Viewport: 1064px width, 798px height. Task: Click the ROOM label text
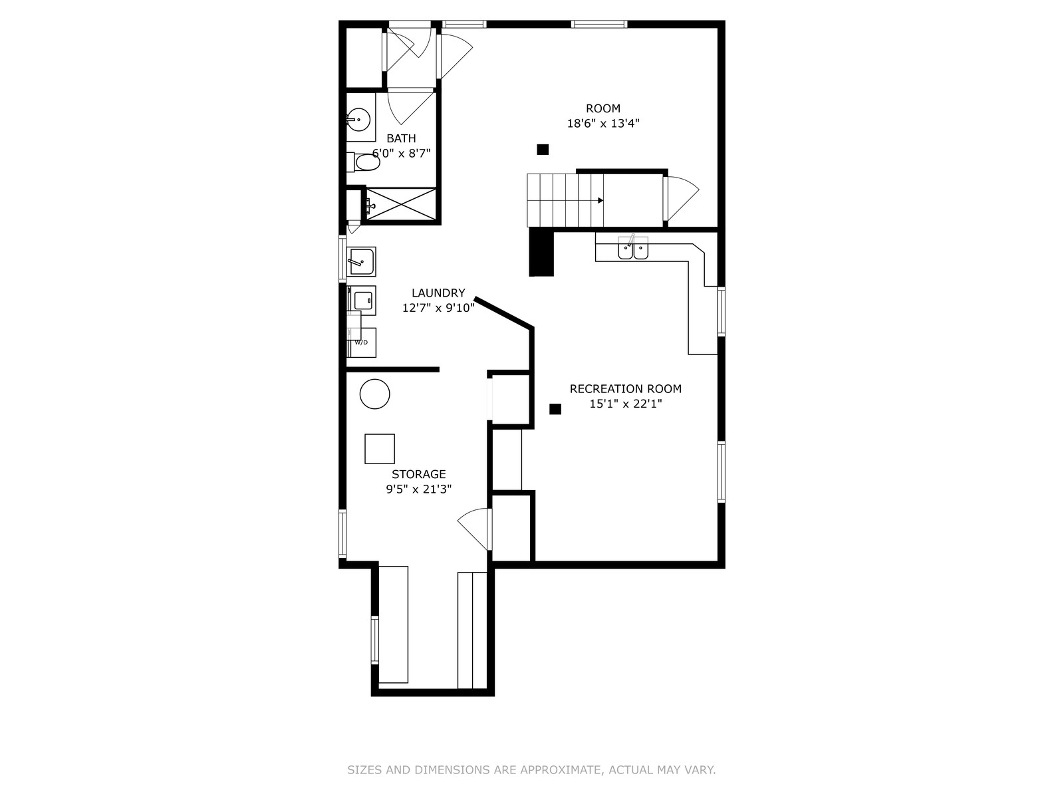point(602,108)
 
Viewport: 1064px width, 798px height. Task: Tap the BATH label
point(401,138)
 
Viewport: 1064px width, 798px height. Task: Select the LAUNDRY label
point(438,293)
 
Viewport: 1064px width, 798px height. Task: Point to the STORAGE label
point(419,474)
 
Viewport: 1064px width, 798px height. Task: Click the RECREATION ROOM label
point(625,389)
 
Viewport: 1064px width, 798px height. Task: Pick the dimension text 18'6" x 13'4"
point(603,124)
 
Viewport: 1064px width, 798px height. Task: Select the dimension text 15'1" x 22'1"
point(625,404)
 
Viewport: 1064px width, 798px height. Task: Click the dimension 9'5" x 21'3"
point(419,489)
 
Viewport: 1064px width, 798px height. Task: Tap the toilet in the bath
point(363,162)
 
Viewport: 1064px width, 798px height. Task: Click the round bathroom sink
point(358,119)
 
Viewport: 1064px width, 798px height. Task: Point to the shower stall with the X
point(401,204)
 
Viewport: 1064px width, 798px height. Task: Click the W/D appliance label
point(361,342)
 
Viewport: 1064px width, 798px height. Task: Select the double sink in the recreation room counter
point(633,248)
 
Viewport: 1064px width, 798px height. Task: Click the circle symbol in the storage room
point(374,394)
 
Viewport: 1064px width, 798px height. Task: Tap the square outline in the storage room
point(380,449)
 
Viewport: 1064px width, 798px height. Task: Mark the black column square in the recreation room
point(555,409)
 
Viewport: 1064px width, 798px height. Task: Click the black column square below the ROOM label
point(543,150)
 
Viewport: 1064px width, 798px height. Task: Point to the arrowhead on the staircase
point(600,201)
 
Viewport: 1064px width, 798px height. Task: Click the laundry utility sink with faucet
point(361,261)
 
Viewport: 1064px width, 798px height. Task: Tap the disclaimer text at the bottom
point(531,770)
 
